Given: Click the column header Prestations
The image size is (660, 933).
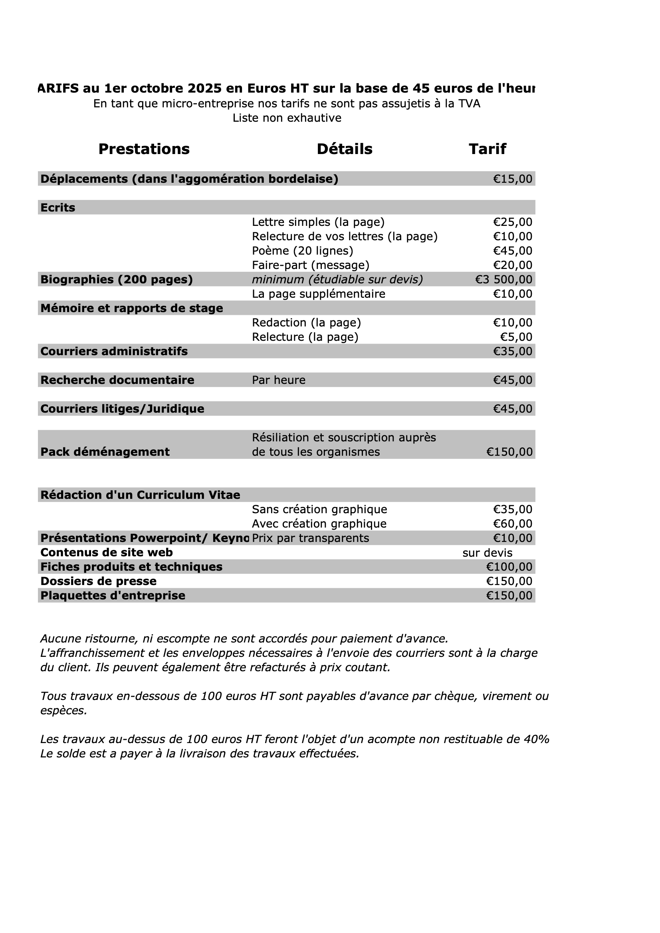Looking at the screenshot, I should pyautogui.click(x=144, y=149).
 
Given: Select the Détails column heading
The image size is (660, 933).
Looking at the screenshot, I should pyautogui.click(x=345, y=149).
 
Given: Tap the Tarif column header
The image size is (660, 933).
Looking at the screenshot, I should pyautogui.click(x=487, y=149).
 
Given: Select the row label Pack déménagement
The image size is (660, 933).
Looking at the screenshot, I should pyautogui.click(x=105, y=452).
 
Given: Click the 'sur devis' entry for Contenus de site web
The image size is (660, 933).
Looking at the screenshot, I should pyautogui.click(x=487, y=553).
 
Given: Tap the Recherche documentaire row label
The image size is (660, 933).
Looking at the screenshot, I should pyautogui.click(x=117, y=380).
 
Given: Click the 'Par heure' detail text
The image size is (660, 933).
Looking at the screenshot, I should pyautogui.click(x=279, y=380).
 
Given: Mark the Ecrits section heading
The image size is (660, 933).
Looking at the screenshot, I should pyautogui.click(x=58, y=208).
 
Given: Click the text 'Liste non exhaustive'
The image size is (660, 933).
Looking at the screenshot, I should pyautogui.click(x=287, y=118).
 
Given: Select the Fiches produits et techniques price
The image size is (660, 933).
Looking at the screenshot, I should pyautogui.click(x=509, y=567).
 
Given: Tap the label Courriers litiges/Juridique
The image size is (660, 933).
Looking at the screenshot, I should pyautogui.click(x=122, y=409).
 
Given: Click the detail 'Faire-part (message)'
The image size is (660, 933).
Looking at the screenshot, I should pyautogui.click(x=311, y=265).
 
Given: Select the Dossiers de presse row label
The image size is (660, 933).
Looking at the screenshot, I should pyautogui.click(x=98, y=581).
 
